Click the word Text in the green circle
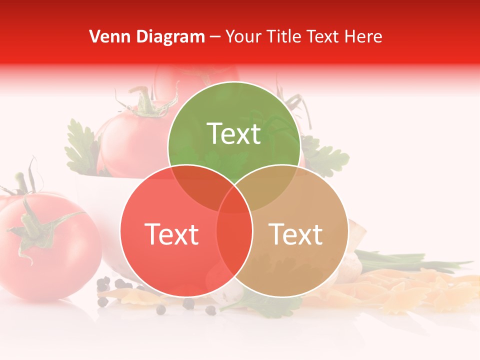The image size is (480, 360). click(234, 133)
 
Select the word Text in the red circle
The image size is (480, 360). click(171, 234)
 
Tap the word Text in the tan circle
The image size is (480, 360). click(296, 234)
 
